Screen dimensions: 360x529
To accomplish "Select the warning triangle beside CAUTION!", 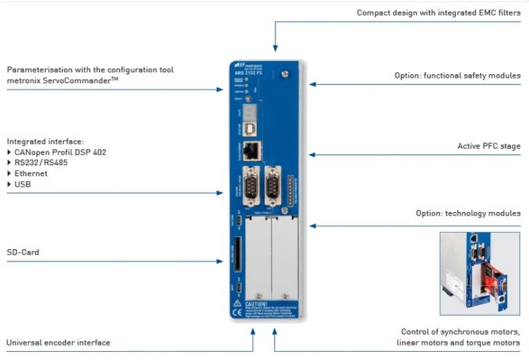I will (236, 302).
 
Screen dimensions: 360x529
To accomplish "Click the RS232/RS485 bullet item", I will (41, 163).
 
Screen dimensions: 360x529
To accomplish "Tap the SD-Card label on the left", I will (23, 253).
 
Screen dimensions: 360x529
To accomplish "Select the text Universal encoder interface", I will (58, 343).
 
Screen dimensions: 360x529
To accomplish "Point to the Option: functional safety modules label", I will (457, 75).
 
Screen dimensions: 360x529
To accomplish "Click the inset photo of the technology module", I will (479, 273).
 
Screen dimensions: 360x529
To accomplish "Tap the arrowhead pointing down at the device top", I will (275, 48).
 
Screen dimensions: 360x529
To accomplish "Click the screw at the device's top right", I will (284, 72).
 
